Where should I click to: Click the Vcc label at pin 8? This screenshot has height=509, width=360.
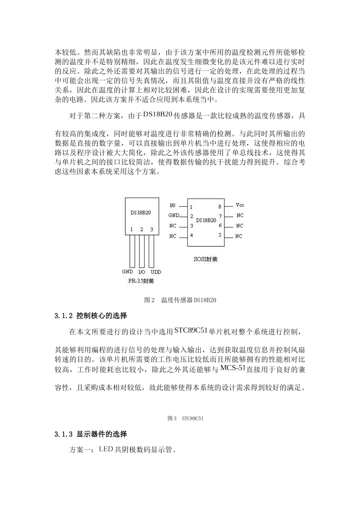pos(239,205)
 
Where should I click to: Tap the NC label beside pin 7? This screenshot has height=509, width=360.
pos(239,215)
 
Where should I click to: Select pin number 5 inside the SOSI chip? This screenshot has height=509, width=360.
pos(220,235)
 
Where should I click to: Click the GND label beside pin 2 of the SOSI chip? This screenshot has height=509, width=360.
pos(174,215)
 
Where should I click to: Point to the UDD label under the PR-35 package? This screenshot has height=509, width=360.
pos(156,272)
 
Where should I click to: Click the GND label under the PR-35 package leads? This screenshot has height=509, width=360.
pos(127,272)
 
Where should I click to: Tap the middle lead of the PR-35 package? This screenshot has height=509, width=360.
pos(141,251)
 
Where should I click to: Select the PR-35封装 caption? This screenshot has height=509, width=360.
pos(141,281)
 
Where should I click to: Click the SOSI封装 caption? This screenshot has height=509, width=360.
pos(206,259)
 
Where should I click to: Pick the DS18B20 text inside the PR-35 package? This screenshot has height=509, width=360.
pos(141,213)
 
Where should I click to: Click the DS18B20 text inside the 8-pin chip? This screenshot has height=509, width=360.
pos(206,220)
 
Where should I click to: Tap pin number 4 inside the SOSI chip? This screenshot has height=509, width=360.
pos(191,236)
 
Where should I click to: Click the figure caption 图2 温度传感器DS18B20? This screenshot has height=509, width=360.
pos(180,300)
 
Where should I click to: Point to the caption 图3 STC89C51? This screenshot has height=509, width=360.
pos(186,418)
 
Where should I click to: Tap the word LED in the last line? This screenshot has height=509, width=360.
pos(106,450)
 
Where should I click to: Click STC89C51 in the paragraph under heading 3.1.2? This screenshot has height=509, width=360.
pos(191,330)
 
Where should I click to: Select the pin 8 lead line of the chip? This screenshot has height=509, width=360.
pos(229,206)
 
